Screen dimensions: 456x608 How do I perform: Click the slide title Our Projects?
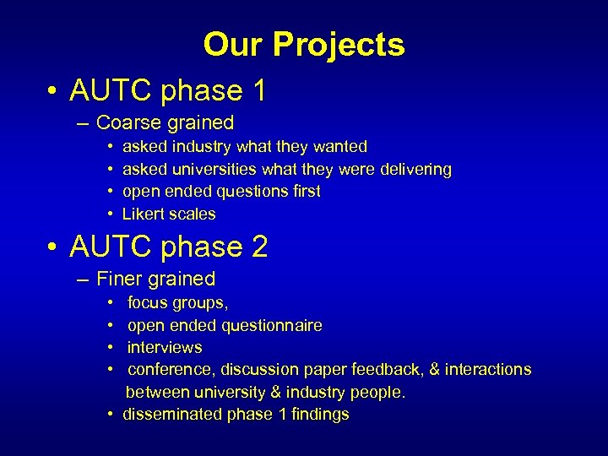304,44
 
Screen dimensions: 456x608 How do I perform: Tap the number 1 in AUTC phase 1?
258,90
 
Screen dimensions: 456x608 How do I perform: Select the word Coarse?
127,122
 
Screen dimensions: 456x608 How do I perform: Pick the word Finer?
121,279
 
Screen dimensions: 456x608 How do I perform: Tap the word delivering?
413,169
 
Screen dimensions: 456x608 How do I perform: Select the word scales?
193,214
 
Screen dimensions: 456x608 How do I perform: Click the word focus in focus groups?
148,302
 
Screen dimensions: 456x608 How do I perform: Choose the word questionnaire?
272,325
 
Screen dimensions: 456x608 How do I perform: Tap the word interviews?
165,347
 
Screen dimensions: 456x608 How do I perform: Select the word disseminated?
172,414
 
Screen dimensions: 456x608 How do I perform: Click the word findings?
319,414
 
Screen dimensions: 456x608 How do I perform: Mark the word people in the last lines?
377,392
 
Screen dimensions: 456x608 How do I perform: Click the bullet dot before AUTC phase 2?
52,247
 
